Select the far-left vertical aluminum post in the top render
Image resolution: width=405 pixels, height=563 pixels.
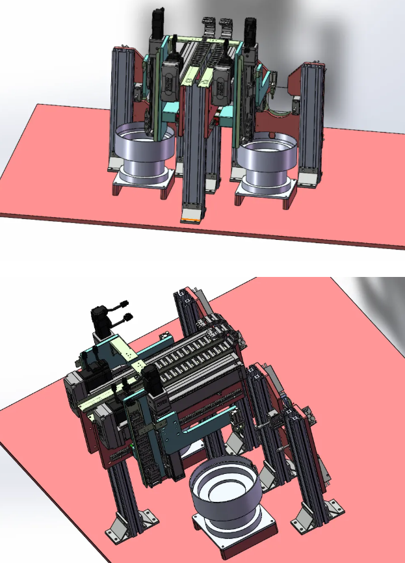tap(122, 107)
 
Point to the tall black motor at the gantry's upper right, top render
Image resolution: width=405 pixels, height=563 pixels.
tap(250, 29)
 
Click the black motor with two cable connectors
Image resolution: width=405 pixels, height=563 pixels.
tap(104, 319)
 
